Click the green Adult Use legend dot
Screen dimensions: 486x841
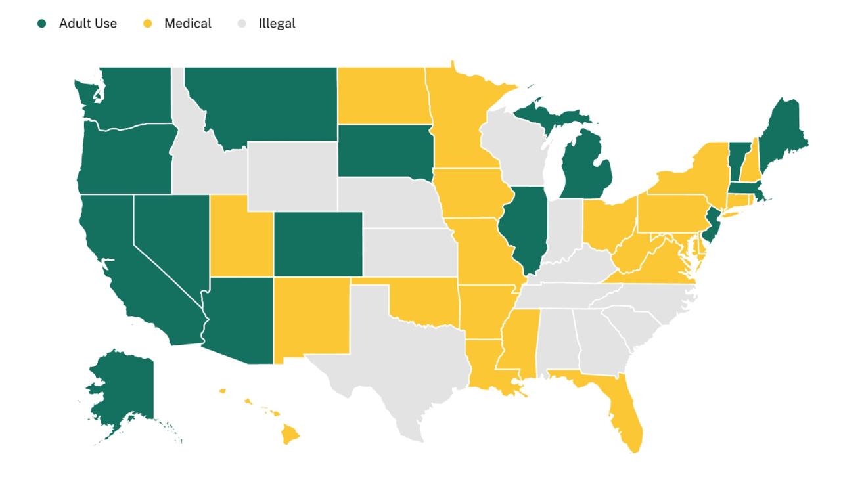pos(42,24)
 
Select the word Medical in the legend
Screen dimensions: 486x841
pos(188,24)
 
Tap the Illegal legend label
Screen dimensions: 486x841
pos(277,24)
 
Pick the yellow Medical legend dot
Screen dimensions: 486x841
pos(148,24)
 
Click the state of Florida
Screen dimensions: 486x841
pos(627,414)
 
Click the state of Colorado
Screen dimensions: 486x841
pos(317,244)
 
